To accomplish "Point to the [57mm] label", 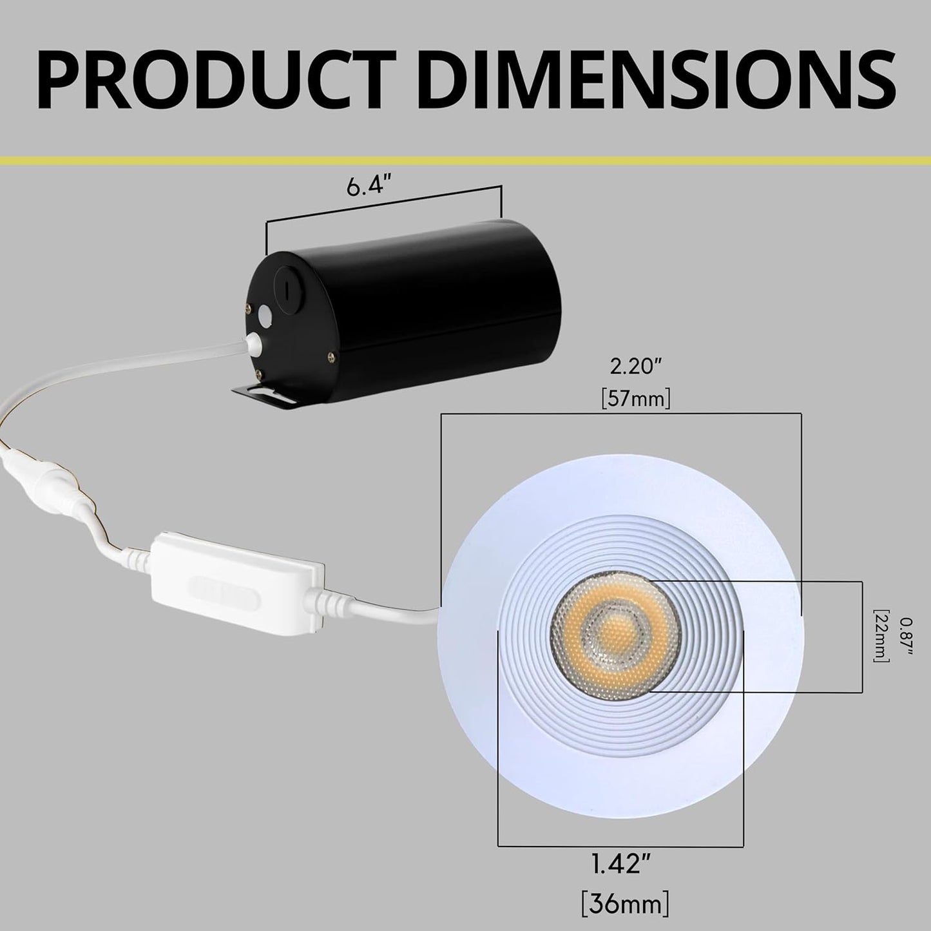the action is (636, 399).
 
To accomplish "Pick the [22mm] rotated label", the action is (880, 635).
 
